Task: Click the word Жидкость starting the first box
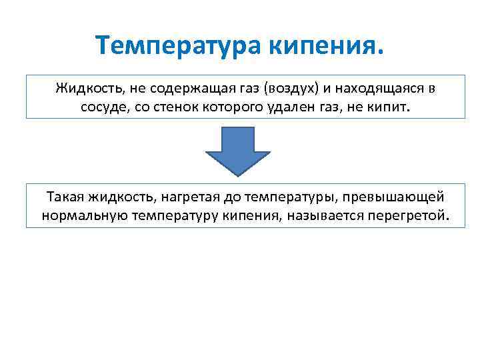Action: tap(84, 88)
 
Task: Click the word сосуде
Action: tap(100, 106)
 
